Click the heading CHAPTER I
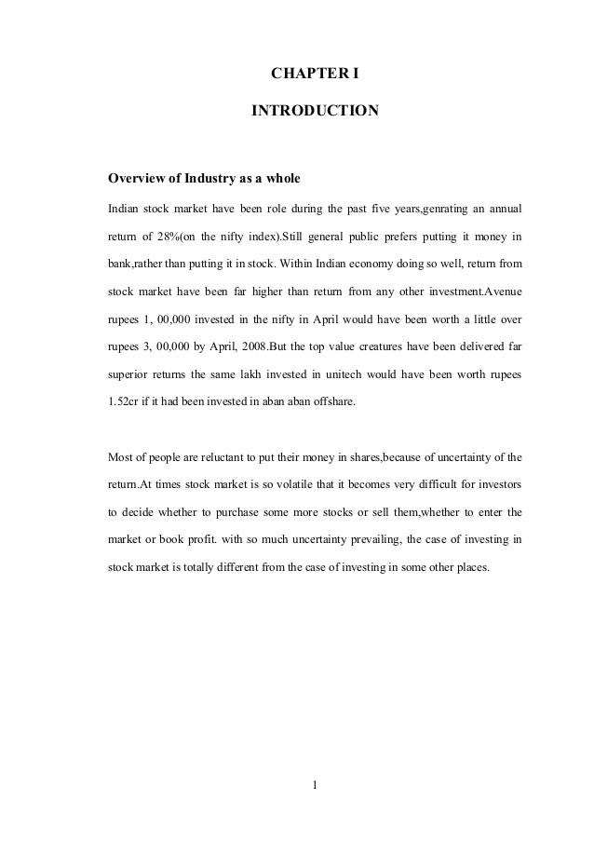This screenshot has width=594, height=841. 315,71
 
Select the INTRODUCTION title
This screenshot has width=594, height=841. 315,112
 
